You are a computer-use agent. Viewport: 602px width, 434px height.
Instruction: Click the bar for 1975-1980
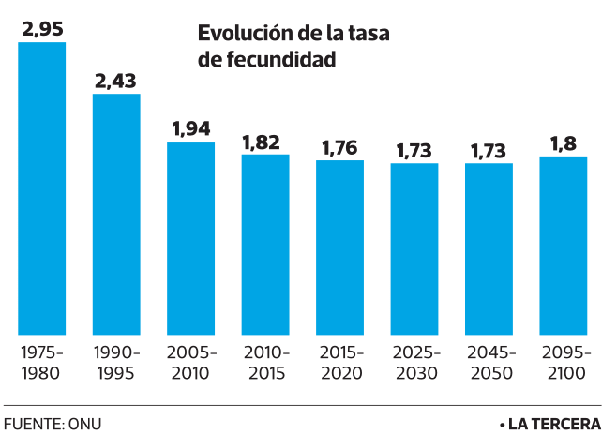coord(42,188)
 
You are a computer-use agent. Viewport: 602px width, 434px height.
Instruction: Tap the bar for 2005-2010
coord(191,238)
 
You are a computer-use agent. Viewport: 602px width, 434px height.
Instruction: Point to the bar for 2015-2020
coord(339,247)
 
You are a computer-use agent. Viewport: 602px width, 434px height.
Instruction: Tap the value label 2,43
coord(116,80)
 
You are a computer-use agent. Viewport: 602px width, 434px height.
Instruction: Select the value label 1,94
coord(191,129)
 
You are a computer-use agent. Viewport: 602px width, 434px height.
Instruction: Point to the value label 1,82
coord(265,142)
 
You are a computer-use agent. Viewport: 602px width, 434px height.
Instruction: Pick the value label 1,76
coord(339,147)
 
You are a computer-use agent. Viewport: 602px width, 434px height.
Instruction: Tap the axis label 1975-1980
coord(42,363)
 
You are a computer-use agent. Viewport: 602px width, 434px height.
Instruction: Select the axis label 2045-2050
coord(489,363)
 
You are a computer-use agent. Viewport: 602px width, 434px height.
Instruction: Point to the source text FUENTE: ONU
coord(53,423)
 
